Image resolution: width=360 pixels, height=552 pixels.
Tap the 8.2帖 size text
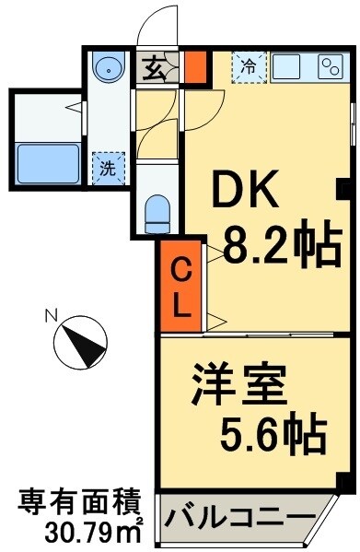(x=273, y=247)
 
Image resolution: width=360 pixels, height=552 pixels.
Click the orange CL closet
(x=180, y=288)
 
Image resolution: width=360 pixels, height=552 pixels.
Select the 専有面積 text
(x=80, y=503)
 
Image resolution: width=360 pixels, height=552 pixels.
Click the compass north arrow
(x=79, y=343)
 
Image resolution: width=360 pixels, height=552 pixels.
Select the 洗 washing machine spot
(x=108, y=169)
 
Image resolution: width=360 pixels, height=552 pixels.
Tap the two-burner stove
(x=330, y=66)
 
